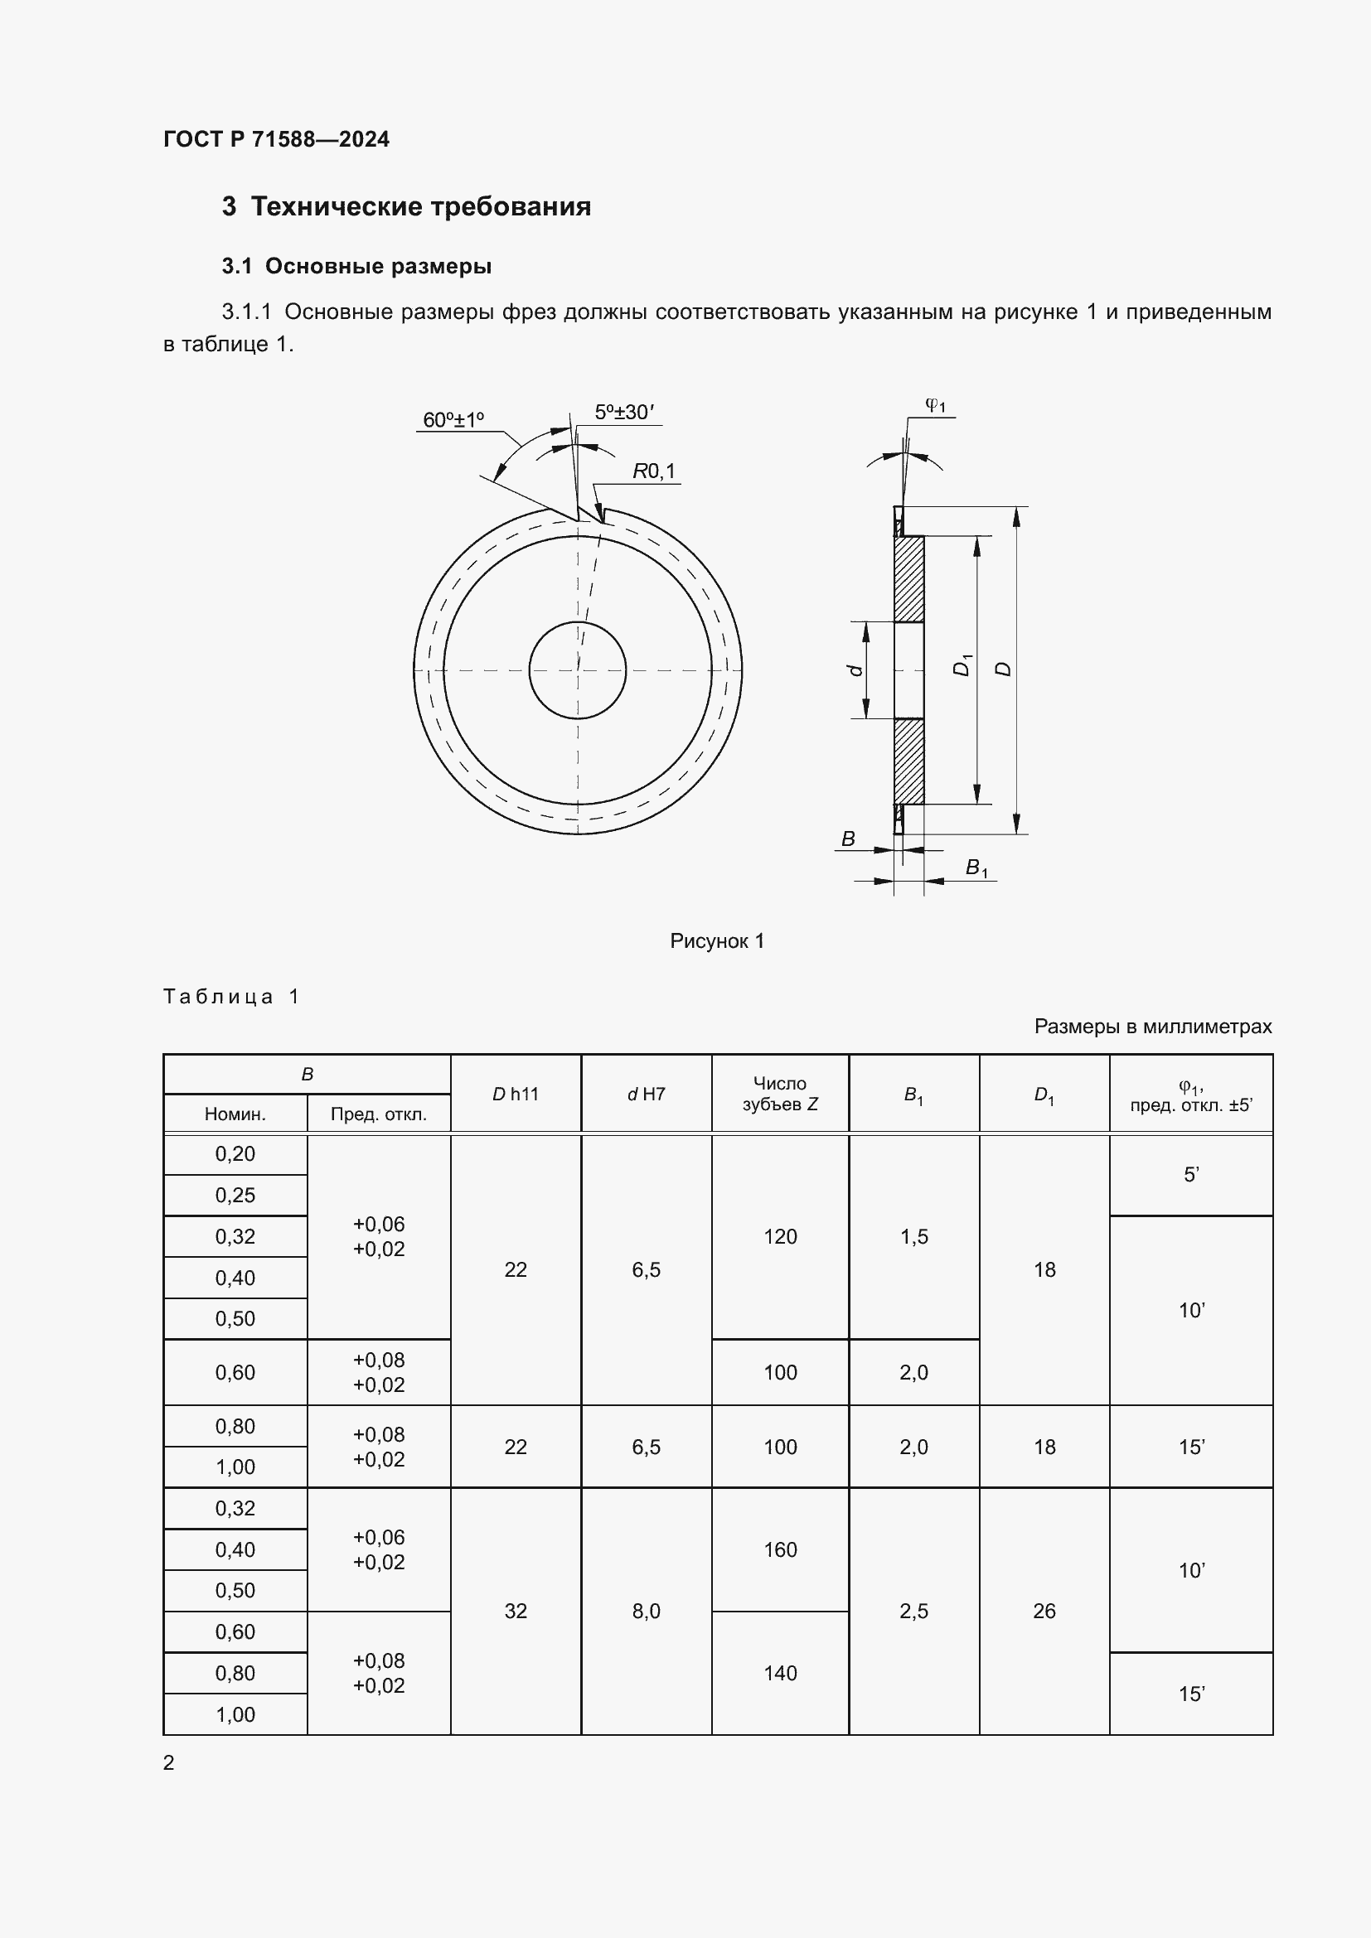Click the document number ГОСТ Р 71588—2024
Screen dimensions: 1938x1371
276,139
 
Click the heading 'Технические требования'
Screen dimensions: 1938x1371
420,207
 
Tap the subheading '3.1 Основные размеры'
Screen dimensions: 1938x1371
356,266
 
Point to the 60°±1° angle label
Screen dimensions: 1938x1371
453,419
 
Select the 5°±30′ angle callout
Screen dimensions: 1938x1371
624,412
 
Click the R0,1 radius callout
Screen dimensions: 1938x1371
654,471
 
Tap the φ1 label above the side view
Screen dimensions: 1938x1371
935,405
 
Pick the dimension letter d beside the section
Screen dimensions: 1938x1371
855,669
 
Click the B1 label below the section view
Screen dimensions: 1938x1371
976,868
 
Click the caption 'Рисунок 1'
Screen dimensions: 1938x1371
717,941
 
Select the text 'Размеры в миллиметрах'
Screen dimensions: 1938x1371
1152,1027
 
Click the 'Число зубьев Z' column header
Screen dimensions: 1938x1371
779,1093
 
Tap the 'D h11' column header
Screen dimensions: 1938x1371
515,1094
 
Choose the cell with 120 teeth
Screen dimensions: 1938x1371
779,1236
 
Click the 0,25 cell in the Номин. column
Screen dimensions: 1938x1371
235,1196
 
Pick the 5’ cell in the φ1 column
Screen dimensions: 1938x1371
1190,1175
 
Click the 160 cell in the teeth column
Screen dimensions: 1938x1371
779,1549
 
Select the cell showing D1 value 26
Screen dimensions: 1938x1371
1044,1612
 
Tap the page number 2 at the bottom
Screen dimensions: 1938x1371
169,1762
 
